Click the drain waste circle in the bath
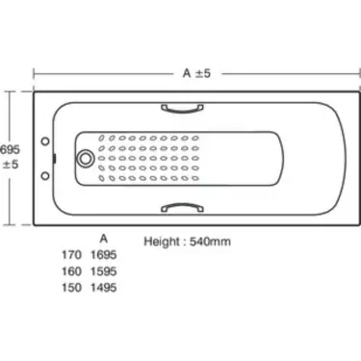[x=85, y=159]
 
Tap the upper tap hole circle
[x=45, y=142]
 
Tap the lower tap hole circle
[x=45, y=176]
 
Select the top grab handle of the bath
[x=182, y=110]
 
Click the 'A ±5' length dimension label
[x=196, y=73]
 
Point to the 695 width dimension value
[x=10, y=149]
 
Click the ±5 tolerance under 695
[x=11, y=165]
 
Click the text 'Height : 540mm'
[x=187, y=242]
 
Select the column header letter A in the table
[x=103, y=239]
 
